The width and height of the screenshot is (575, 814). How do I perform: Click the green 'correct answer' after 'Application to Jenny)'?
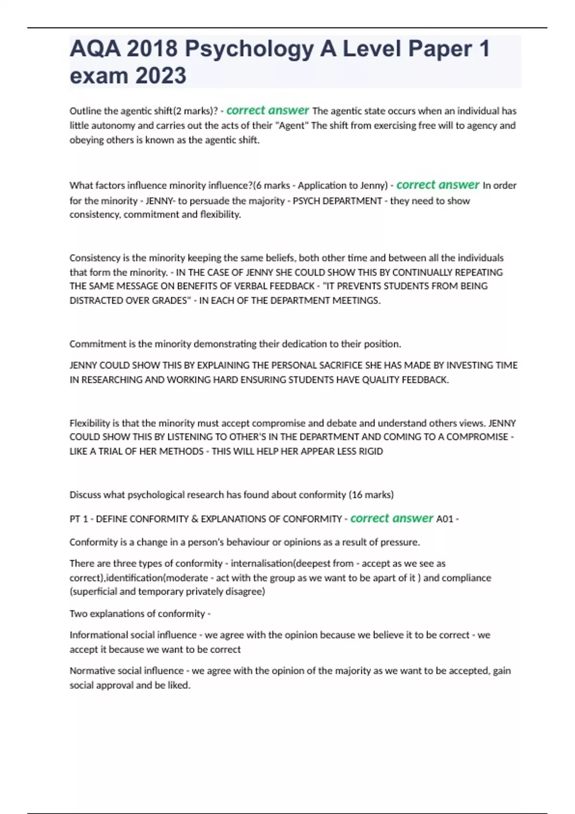point(437,185)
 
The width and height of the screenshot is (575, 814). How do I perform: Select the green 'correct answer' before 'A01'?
point(391,519)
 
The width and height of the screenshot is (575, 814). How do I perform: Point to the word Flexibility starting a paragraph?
point(90,423)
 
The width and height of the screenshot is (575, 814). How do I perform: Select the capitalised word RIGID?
point(371,451)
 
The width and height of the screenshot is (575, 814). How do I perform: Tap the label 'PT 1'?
point(79,519)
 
